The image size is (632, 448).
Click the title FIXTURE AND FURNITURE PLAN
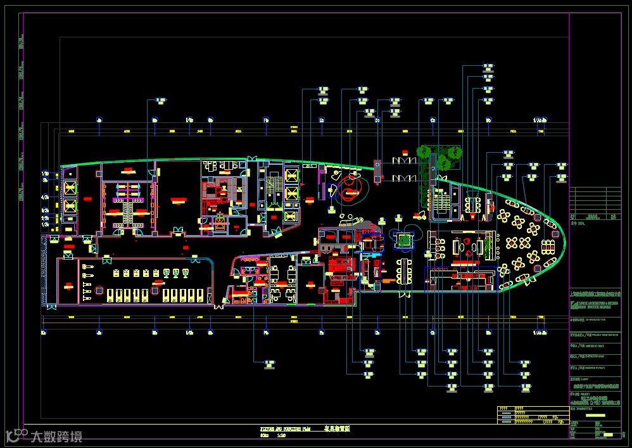286,429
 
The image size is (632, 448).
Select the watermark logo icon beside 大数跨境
17,435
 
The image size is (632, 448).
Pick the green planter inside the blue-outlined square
402,240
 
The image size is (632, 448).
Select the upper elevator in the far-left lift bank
69,188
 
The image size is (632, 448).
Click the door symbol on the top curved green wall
251,158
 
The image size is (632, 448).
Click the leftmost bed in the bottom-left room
112,295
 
